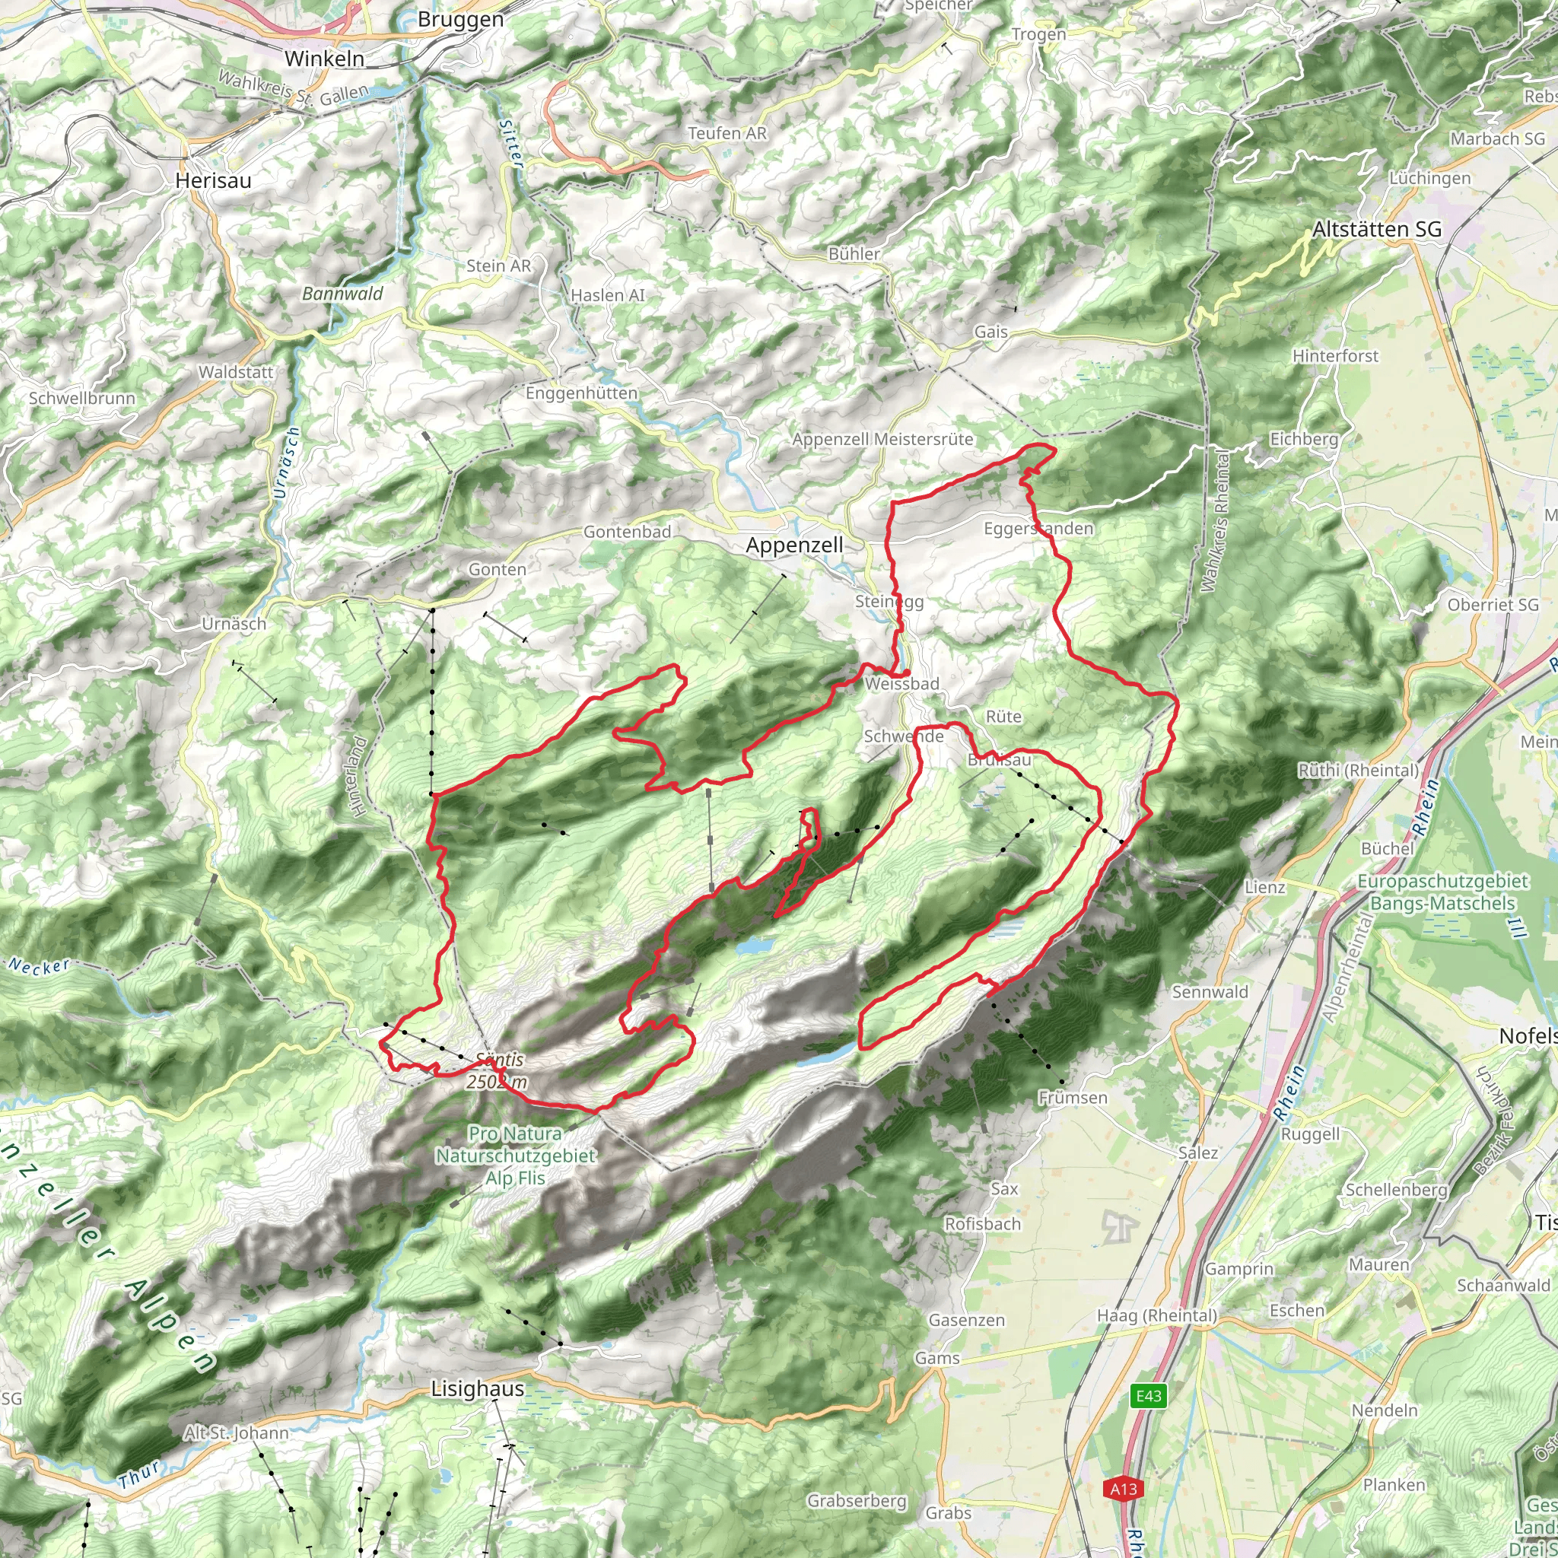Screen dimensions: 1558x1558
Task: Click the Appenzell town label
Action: (793, 545)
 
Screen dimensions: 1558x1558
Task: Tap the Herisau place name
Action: (213, 180)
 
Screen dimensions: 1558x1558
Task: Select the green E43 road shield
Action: (1148, 1396)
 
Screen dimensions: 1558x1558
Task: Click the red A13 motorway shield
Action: (1124, 1489)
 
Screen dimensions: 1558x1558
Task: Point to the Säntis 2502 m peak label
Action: (498, 1071)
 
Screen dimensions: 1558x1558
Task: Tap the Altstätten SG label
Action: (1376, 230)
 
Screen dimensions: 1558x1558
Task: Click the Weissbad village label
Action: (901, 684)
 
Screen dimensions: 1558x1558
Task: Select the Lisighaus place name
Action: (478, 1388)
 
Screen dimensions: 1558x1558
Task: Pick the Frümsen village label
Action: (1073, 1098)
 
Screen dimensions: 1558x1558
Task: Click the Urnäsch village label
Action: (234, 623)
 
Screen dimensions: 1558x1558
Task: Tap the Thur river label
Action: (139, 1474)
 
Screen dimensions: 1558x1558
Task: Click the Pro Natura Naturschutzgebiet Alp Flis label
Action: (515, 1156)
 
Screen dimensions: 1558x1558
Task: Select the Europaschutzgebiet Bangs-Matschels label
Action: (1442, 892)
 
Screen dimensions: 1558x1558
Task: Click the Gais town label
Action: (990, 332)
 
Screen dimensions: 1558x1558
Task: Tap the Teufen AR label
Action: (727, 133)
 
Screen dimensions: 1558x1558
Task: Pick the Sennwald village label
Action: (1210, 992)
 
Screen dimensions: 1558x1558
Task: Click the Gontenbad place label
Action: (627, 532)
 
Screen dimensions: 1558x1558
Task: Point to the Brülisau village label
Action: (999, 760)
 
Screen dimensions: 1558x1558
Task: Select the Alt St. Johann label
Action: (236, 1433)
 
